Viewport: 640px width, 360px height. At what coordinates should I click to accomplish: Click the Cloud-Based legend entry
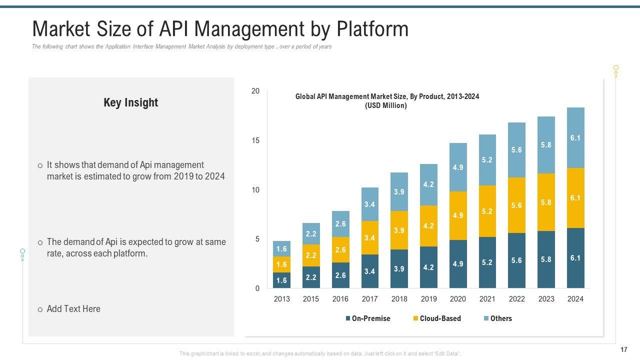pos(436,318)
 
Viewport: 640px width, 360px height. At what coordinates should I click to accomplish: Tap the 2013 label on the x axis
pos(281,299)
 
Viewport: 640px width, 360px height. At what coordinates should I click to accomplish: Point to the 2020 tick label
pos(458,299)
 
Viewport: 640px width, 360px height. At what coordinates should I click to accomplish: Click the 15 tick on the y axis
pos(255,140)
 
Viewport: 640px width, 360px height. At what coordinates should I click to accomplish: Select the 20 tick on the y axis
pos(255,91)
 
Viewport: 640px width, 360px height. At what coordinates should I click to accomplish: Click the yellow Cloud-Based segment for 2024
pos(575,198)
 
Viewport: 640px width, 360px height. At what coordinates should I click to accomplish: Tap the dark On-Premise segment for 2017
pos(369,271)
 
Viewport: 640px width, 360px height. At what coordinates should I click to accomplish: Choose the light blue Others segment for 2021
pos(487,160)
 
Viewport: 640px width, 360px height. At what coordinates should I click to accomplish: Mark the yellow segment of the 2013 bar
pos(281,264)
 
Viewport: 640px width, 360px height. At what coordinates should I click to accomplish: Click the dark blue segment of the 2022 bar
pos(516,260)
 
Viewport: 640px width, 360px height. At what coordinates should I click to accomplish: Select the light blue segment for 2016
pos(340,224)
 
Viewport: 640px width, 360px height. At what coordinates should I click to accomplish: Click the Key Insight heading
pos(130,102)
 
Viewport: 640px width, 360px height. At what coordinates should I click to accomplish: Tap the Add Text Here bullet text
pos(73,309)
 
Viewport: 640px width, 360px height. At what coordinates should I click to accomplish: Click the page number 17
pos(623,349)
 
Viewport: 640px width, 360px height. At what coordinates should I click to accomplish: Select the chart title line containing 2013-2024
pos(387,96)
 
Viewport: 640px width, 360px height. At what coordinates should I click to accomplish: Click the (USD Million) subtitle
pos(385,106)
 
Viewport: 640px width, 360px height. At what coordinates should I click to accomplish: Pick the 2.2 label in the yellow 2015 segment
pos(311,255)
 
